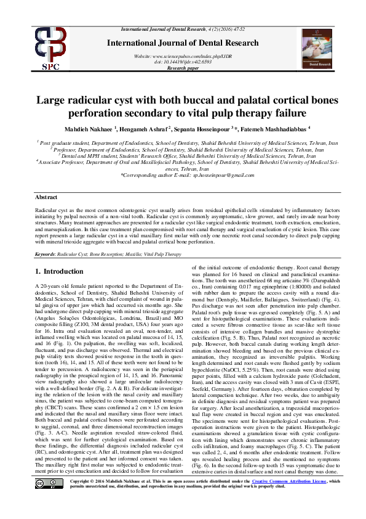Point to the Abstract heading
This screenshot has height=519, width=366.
click(46, 197)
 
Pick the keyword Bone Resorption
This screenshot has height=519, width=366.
click(106, 253)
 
